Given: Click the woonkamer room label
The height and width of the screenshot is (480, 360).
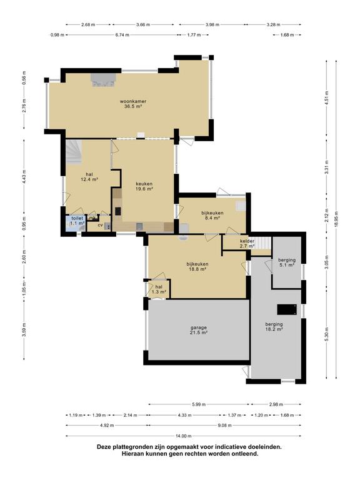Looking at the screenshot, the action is point(133,104).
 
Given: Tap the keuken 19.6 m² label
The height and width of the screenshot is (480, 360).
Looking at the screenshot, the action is point(144,186).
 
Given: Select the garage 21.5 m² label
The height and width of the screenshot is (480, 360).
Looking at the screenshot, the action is point(199,329).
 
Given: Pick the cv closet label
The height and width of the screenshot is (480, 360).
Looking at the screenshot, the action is point(100,225).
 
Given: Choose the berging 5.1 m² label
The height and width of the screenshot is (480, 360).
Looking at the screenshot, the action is point(286,262).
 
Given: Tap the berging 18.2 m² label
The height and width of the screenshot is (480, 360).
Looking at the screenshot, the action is point(274,327).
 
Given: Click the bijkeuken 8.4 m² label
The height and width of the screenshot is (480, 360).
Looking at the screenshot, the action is point(212,216).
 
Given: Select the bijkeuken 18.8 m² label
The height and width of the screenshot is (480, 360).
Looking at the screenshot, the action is point(197,266).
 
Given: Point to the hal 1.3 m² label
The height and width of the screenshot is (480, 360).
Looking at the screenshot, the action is point(159,289).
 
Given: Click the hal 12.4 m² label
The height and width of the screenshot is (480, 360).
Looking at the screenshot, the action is point(89,177).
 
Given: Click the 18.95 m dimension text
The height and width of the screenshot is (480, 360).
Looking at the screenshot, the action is point(336,219).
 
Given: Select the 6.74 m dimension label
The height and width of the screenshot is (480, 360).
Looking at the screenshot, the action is point(122,35).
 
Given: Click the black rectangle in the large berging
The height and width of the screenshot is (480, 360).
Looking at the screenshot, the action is point(287,309).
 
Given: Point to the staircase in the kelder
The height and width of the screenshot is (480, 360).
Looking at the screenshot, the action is point(264,243).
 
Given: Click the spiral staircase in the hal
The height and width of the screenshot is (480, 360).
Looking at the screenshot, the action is point(74,152).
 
